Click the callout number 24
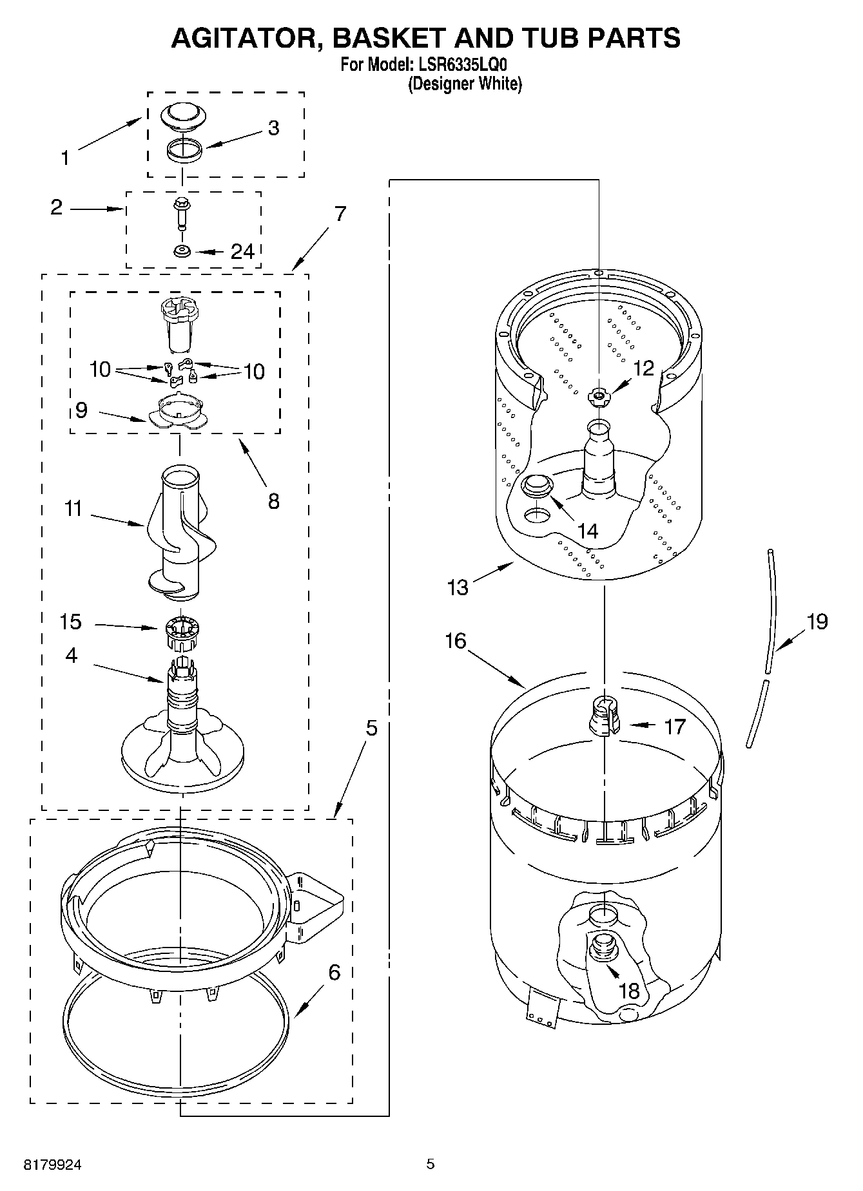click(242, 251)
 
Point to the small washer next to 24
click(182, 251)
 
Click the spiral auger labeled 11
click(179, 528)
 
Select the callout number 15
click(70, 622)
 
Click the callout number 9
click(81, 410)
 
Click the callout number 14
click(588, 531)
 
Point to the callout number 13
click(458, 587)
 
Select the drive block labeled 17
click(605, 715)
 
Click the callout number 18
click(628, 990)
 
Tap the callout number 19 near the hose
click(817, 622)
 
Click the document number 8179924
click(53, 1164)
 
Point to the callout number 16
click(455, 641)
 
